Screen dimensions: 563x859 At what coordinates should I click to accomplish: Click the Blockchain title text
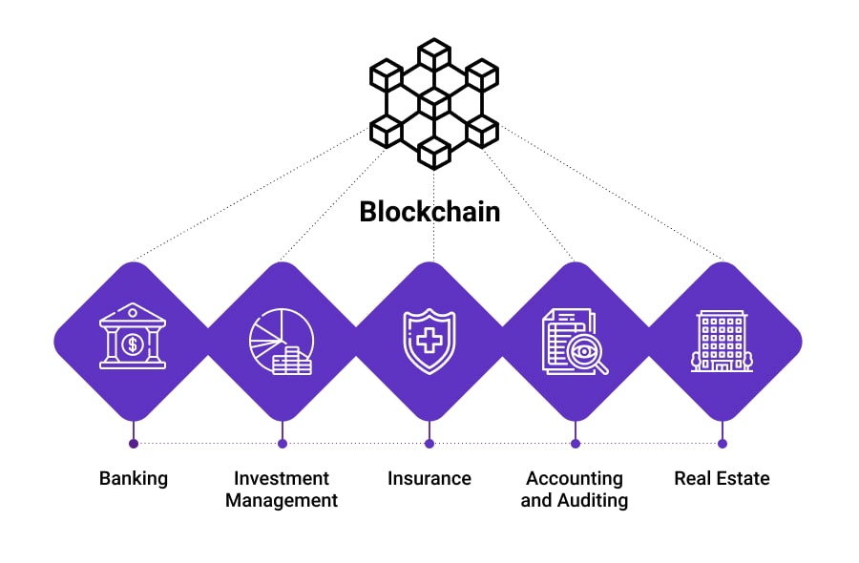(429, 211)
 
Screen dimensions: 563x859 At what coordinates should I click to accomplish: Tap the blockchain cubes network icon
(434, 103)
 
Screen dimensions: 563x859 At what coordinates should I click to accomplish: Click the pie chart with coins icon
(281, 341)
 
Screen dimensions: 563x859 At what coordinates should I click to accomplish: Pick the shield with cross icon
(429, 341)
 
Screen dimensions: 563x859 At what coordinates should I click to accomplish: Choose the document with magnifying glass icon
(575, 341)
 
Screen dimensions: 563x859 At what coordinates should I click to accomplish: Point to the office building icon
(722, 341)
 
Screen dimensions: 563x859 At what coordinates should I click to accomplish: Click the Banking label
(133, 478)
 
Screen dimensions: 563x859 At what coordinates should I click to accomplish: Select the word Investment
(282, 478)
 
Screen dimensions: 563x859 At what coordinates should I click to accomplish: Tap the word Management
(282, 500)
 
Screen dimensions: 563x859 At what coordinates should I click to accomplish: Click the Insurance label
(429, 478)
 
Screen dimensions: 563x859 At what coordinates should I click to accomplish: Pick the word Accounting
(575, 478)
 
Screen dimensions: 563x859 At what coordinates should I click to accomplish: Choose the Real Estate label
(722, 478)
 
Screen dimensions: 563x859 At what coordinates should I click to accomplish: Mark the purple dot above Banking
(134, 443)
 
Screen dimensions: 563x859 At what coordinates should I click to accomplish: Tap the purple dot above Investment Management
(282, 443)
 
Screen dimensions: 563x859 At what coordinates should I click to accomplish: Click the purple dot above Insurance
(429, 443)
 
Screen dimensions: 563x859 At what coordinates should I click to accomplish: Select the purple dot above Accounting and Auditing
(575, 443)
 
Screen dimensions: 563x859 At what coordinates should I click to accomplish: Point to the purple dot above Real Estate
(723, 443)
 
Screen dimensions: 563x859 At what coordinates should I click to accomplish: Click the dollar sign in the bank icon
(132, 342)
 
